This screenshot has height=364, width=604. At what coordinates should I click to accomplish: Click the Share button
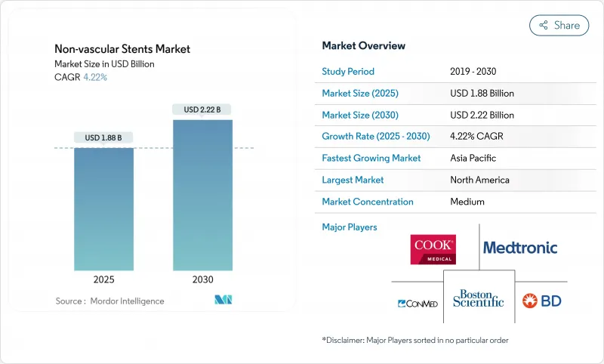[559, 25]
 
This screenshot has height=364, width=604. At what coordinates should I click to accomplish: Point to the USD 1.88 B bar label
[103, 137]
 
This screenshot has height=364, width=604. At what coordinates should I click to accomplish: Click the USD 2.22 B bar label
[202, 110]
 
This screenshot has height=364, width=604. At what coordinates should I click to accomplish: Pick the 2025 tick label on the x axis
[103, 279]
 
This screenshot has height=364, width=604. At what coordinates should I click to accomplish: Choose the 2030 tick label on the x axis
[202, 279]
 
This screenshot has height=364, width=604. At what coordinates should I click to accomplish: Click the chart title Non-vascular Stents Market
[122, 49]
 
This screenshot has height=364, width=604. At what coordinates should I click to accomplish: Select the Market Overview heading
[363, 46]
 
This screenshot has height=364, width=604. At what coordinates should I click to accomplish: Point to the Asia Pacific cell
[473, 159]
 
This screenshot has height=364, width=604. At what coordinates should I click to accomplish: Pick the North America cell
[479, 180]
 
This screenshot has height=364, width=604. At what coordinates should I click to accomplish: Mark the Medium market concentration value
[467, 202]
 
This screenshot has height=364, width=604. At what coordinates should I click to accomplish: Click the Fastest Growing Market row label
[371, 159]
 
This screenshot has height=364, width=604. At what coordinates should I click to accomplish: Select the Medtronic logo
[520, 248]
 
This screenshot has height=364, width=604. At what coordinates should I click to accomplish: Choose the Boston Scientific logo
[478, 298]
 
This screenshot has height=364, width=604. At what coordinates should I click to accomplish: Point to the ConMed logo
[418, 304]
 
